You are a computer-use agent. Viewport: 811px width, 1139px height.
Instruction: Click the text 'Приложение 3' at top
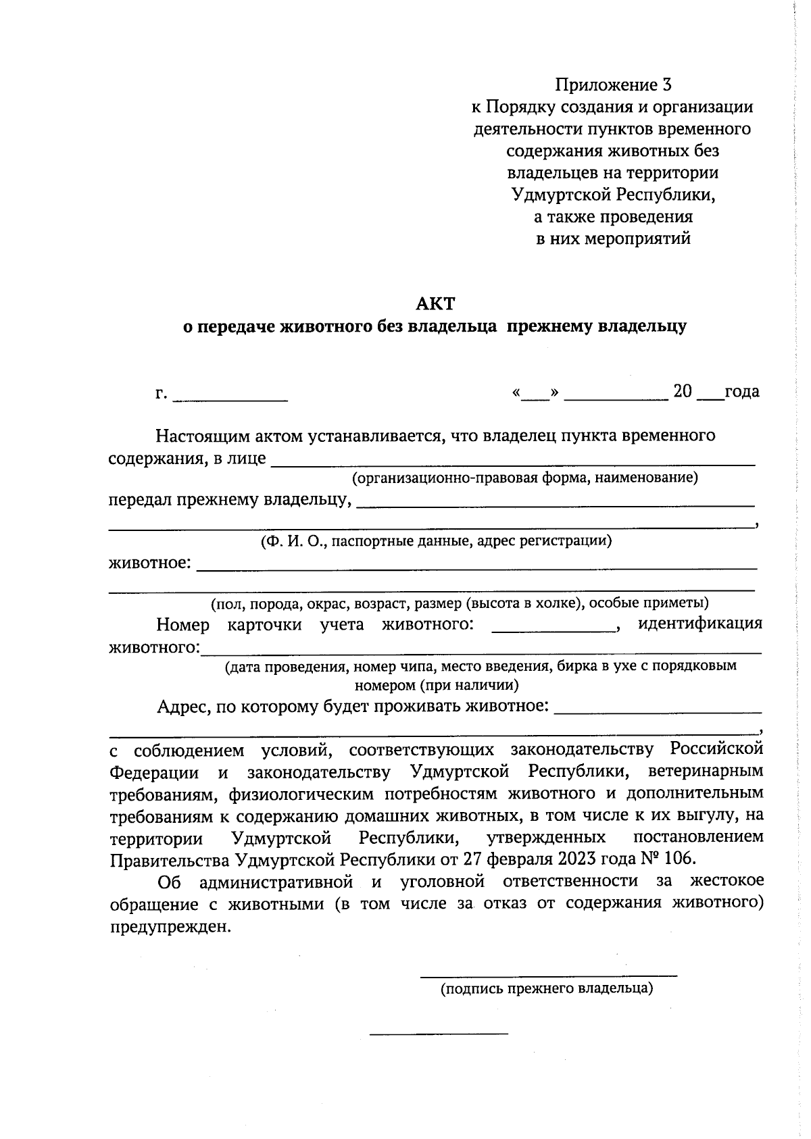tap(613, 84)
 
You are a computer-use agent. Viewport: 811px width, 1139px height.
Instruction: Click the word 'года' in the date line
tap(741, 392)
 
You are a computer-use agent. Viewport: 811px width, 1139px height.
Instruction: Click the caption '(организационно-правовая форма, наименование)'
tap(524, 478)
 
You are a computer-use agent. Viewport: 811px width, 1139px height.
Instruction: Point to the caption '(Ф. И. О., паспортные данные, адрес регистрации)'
tap(437, 541)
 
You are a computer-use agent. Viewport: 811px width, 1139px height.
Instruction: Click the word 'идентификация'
tap(700, 624)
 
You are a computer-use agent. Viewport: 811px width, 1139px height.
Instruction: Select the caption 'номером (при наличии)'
tap(437, 686)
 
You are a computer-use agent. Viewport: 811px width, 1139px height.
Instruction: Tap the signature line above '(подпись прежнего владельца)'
tap(548, 974)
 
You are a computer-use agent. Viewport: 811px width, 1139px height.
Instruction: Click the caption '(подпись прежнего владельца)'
tap(547, 989)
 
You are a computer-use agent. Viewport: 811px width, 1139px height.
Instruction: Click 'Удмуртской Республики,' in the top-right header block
tap(613, 195)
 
